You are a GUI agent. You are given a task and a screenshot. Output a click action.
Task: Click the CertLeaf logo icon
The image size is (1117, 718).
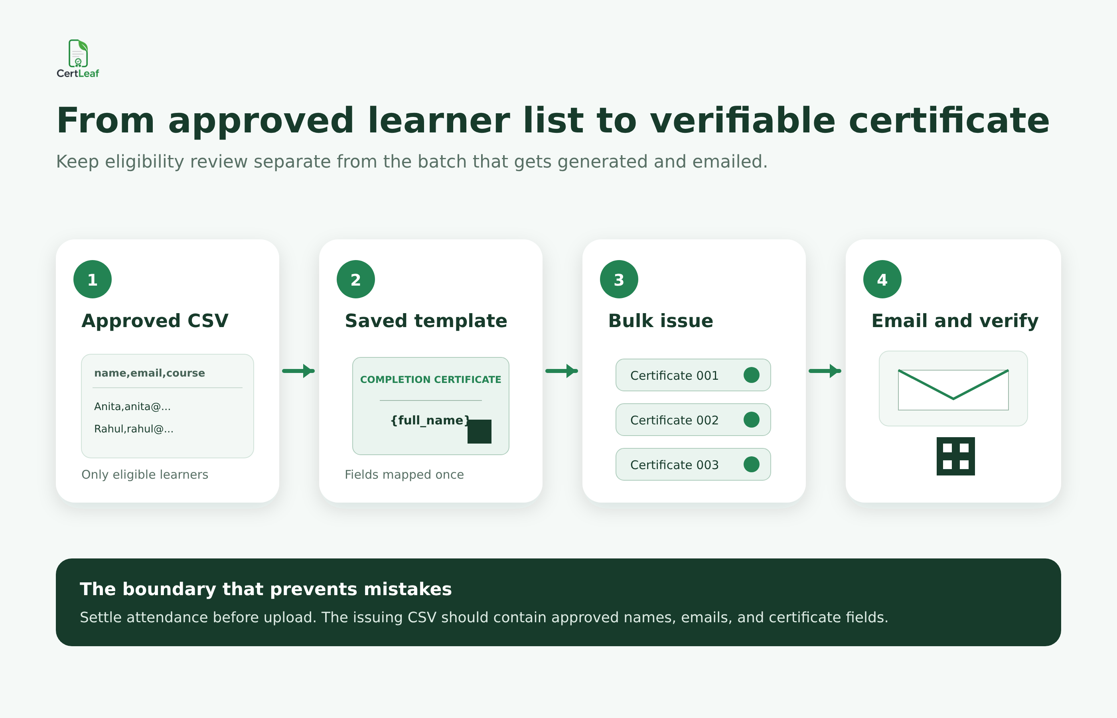tap(78, 53)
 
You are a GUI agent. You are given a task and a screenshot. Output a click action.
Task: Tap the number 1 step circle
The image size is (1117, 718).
tap(92, 279)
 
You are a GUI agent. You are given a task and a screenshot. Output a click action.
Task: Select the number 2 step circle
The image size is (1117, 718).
tap(356, 279)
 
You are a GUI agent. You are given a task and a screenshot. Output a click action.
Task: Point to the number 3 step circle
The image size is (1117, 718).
tap(619, 279)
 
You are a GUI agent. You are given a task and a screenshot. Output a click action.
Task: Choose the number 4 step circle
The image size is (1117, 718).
tap(882, 279)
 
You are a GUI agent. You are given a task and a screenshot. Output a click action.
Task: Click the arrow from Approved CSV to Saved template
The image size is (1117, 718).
tap(298, 371)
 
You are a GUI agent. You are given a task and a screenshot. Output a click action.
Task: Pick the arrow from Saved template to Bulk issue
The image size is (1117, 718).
tap(562, 371)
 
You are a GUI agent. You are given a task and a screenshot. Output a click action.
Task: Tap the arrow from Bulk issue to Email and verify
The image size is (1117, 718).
tap(825, 371)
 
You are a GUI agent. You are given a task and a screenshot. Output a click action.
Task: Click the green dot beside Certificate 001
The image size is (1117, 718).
tap(752, 375)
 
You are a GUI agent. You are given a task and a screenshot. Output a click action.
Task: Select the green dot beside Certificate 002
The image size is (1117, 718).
tap(752, 420)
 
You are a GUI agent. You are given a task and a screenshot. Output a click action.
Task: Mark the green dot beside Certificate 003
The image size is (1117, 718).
tap(752, 464)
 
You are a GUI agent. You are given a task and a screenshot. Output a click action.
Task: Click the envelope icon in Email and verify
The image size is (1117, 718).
tap(953, 390)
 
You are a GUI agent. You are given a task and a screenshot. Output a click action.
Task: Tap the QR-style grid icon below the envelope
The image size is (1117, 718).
tap(956, 456)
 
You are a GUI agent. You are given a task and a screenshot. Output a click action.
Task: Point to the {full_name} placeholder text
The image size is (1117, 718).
tap(430, 420)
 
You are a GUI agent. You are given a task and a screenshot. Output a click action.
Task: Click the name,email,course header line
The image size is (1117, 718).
tap(150, 373)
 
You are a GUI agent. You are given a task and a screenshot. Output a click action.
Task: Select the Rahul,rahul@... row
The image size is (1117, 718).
tap(134, 429)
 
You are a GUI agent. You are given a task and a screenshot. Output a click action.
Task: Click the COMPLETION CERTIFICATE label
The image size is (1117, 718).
tap(431, 379)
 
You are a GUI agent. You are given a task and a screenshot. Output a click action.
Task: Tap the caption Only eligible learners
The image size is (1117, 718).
tap(145, 475)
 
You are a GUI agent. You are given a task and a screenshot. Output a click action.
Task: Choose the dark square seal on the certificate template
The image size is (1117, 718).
tap(479, 432)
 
